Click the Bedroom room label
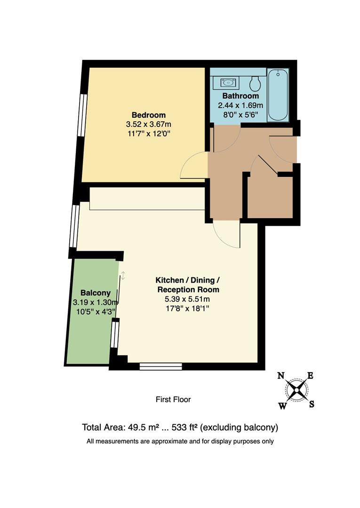tap(148, 115)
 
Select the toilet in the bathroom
tap(256, 84)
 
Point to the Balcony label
tap(92, 292)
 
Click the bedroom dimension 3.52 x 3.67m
tap(148, 125)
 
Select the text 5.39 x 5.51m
tap(187, 299)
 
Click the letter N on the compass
tap(281, 375)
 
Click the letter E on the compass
tap(310, 375)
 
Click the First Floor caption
tap(173, 399)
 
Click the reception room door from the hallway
tap(227, 235)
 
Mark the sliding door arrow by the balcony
tap(123, 276)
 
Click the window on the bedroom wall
tap(83, 115)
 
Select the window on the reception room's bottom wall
tap(161, 366)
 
